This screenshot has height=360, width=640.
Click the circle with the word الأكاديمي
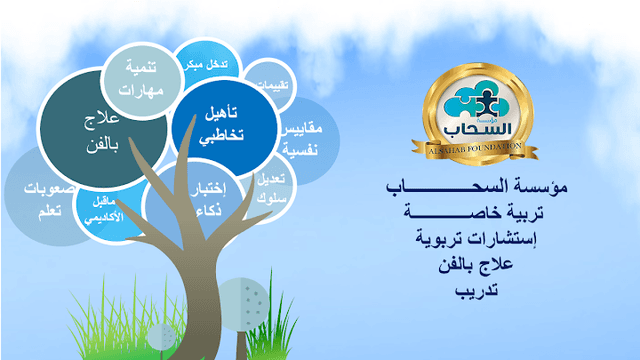point(103,204)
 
